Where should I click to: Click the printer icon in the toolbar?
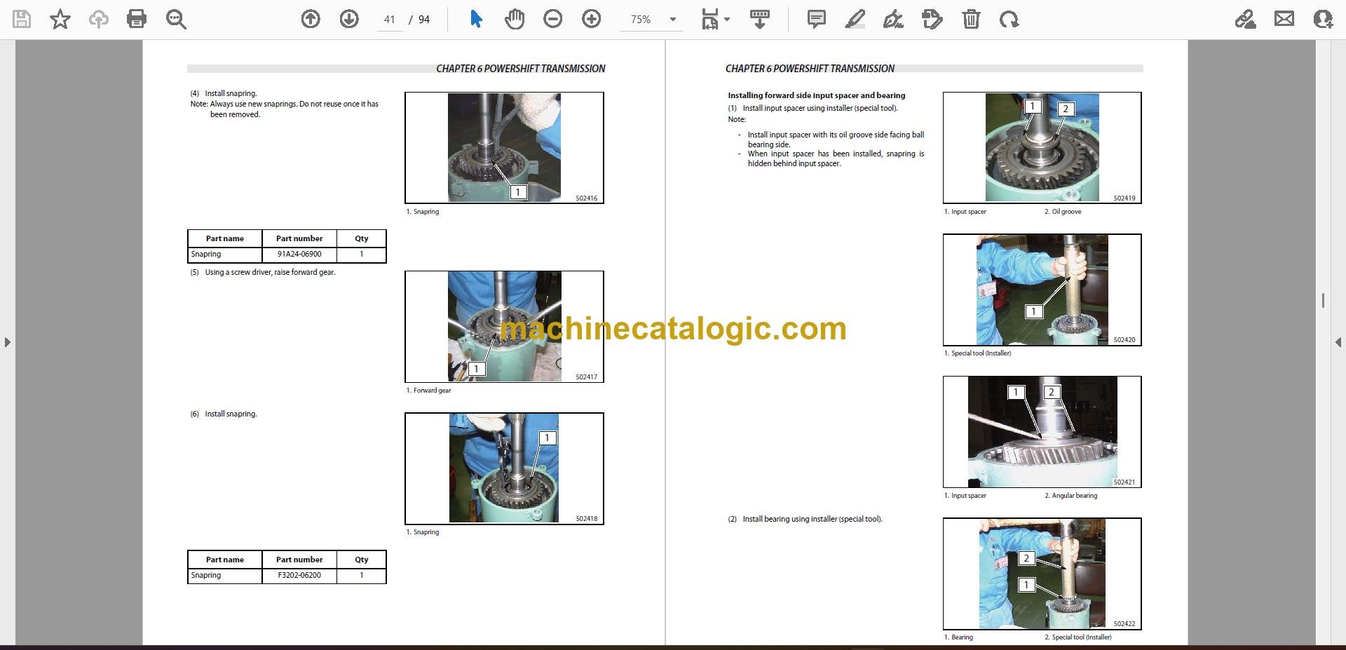click(137, 19)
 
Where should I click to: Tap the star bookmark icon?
click(60, 19)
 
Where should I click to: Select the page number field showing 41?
click(390, 20)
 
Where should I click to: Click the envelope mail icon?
click(1284, 19)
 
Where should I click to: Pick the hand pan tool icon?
click(515, 19)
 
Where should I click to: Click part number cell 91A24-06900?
click(299, 255)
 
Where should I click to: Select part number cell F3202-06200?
click(299, 576)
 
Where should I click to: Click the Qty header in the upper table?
click(362, 238)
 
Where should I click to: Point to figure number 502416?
click(587, 198)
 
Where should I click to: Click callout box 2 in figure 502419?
click(1066, 109)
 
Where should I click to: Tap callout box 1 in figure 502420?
click(1033, 311)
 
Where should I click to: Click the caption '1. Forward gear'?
click(428, 391)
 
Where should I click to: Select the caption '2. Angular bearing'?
click(1071, 496)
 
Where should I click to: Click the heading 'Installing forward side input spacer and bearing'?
click(817, 95)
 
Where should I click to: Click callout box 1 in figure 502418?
click(547, 438)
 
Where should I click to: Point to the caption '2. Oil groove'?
click(1063, 212)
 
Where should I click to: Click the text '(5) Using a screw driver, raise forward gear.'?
click(263, 272)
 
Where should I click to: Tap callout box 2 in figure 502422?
click(1026, 558)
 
